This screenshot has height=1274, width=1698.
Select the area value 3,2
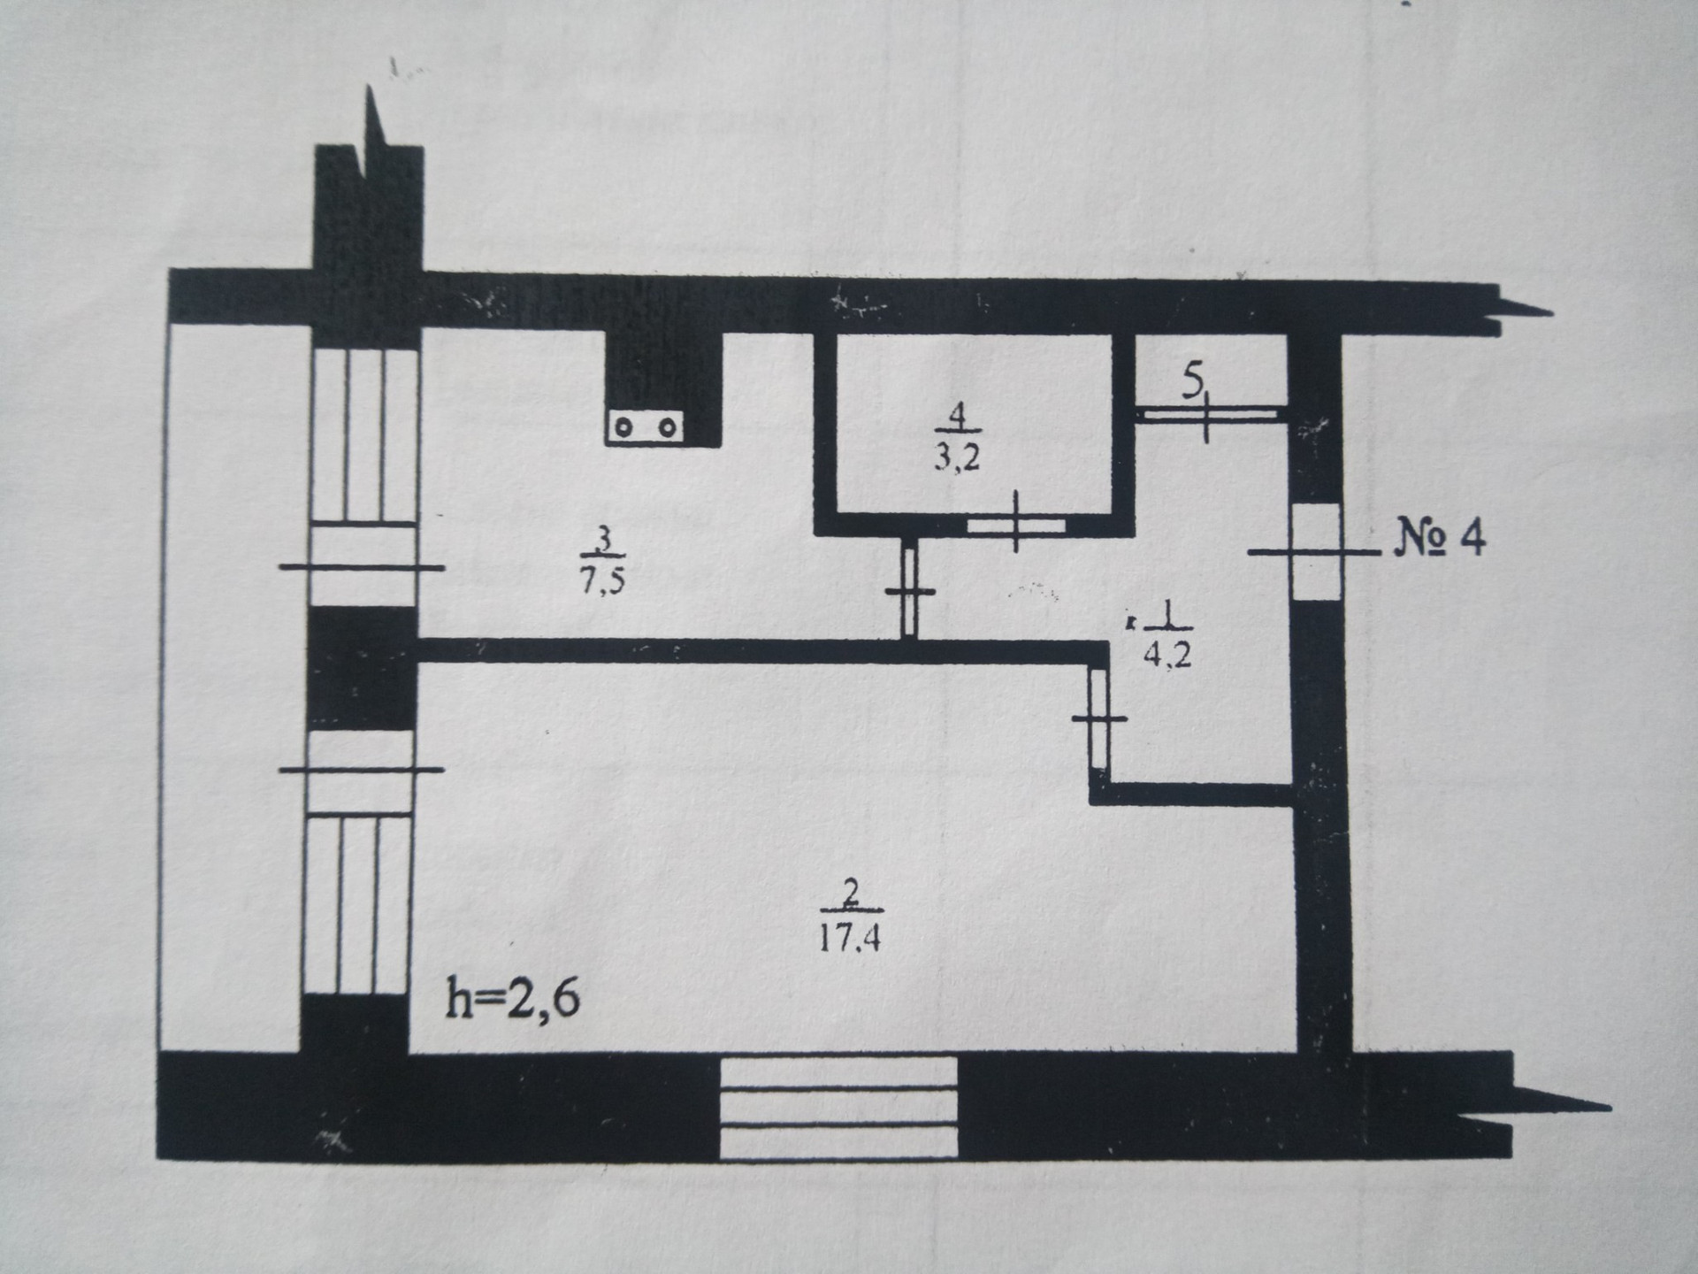coord(958,458)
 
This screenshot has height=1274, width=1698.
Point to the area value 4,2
coord(1167,655)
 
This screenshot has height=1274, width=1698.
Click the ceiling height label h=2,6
coord(512,1000)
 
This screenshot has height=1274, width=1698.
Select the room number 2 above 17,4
coord(850,894)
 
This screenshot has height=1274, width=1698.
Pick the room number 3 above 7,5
coord(604,538)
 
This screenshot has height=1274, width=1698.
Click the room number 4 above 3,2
coord(957,414)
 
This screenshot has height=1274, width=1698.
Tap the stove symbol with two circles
coord(645,427)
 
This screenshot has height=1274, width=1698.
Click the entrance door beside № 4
coord(1316,552)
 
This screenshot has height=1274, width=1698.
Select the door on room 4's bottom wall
coord(1015,526)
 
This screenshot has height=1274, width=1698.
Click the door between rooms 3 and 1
coord(909,590)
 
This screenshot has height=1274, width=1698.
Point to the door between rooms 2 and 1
coord(1098,718)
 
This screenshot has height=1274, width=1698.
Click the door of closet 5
coord(1208,414)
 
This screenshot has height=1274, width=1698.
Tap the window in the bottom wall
coord(838,1107)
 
